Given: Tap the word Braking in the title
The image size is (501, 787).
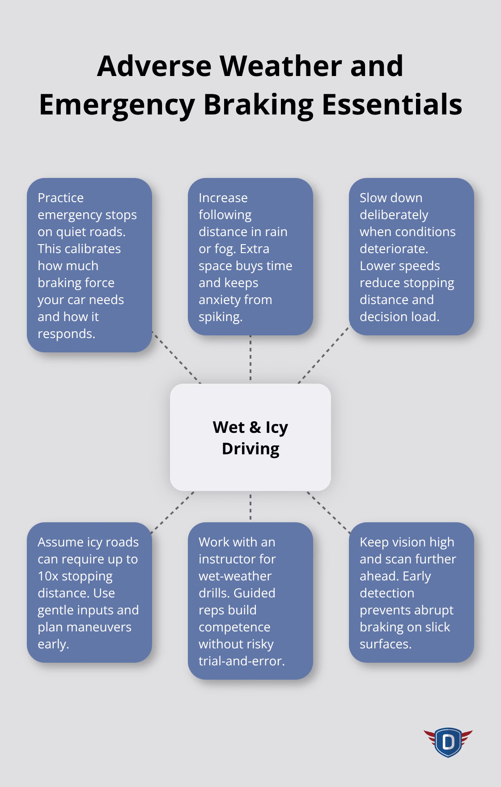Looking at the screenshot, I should (259, 105).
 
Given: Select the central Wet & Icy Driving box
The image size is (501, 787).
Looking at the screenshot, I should (250, 437).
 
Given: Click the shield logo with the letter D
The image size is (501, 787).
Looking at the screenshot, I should (448, 743).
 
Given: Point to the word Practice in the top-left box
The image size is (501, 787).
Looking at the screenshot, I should (60, 198).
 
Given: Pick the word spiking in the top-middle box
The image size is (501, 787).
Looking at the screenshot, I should (220, 317).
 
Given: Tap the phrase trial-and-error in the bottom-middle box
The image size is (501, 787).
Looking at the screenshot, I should (242, 661).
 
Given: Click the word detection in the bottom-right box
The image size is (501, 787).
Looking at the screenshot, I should (387, 593).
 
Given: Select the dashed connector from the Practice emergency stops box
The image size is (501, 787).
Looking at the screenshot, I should (176, 357).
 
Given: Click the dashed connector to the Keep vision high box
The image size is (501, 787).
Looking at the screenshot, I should (329, 512).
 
